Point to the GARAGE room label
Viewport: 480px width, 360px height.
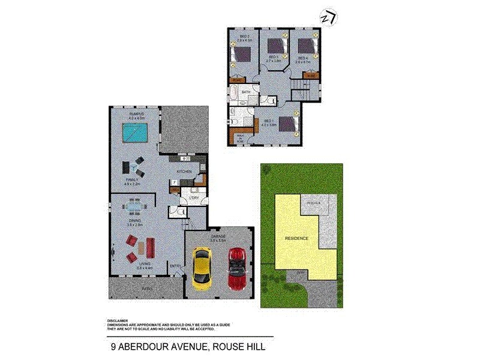pyautogui.click(x=218, y=237)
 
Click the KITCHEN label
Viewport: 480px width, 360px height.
pyautogui.click(x=184, y=172)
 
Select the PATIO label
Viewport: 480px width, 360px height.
pyautogui.click(x=146, y=290)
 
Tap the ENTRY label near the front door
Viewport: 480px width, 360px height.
pyautogui.click(x=175, y=266)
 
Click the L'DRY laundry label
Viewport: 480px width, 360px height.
pyautogui.click(x=193, y=197)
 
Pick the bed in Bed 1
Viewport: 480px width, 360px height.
pyautogui.click(x=287, y=123)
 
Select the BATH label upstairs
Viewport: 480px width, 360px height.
pyautogui.click(x=246, y=92)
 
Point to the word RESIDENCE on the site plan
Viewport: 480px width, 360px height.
pyautogui.click(x=296, y=238)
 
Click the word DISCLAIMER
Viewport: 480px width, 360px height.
pyautogui.click(x=118, y=320)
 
